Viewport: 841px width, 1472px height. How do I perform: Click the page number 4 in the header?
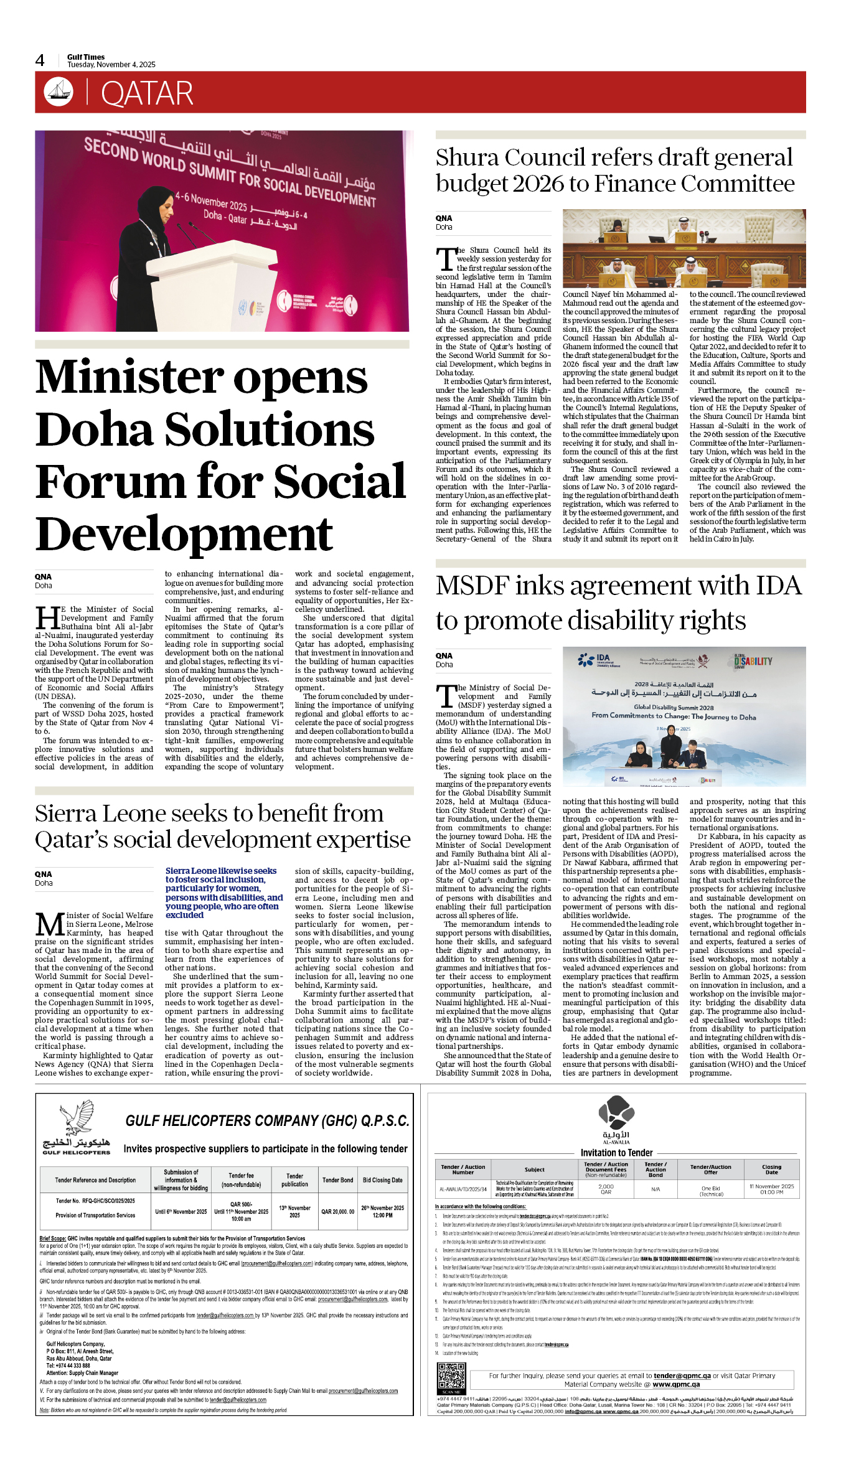pos(40,60)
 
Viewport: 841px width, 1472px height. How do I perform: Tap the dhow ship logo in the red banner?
pos(59,91)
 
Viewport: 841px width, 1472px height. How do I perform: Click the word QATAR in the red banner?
pos(147,94)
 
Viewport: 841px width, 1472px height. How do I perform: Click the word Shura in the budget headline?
pos(468,157)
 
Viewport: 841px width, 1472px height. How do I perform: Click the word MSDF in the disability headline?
pos(472,586)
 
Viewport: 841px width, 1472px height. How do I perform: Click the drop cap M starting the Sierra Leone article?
pos(49,924)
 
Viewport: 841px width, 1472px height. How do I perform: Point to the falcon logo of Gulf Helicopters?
pos(77,1118)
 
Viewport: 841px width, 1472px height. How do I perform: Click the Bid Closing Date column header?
pos(382,1180)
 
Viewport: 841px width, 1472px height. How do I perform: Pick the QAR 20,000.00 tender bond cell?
pos(337,1211)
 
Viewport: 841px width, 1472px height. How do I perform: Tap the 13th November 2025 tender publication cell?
pos(294,1211)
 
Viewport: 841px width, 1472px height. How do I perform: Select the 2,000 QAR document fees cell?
pos(606,1189)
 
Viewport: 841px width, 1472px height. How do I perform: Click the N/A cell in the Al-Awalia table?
pos(655,1189)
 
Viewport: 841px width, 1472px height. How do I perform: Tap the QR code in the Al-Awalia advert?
pos(451,1377)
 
